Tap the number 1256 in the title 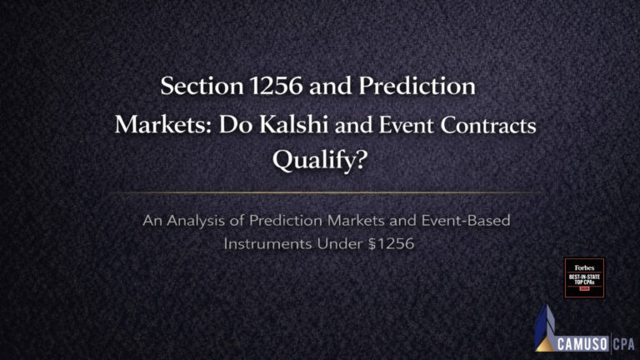tap(266, 86)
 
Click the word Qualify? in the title tap(319, 162)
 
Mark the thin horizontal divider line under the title tap(320, 193)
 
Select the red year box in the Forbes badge tap(584, 289)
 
